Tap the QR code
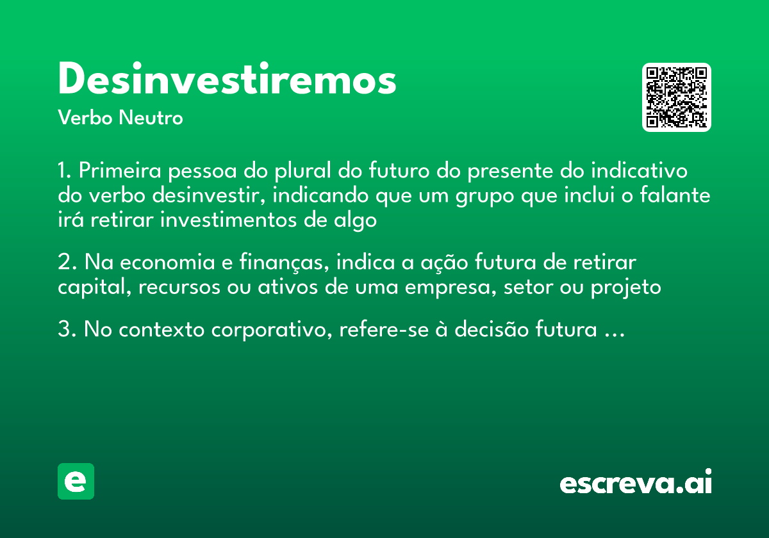[677, 97]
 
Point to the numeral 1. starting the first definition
[64, 172]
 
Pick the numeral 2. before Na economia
[65, 263]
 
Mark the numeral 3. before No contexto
[65, 331]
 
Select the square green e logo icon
[76, 481]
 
